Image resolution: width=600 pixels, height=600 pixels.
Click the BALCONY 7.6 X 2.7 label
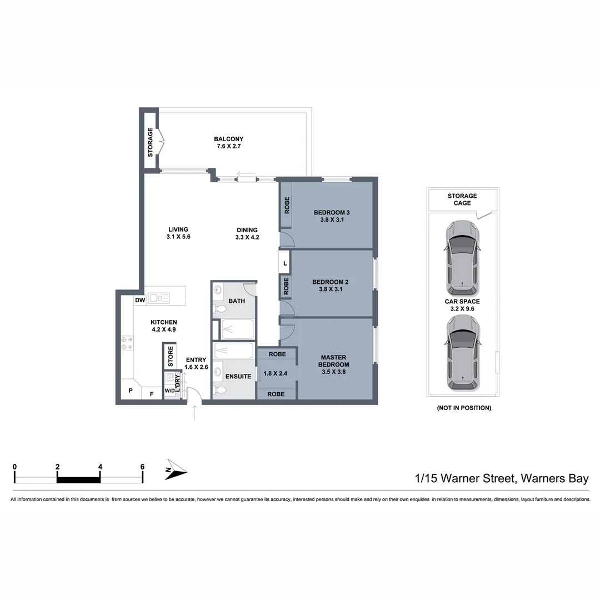228,143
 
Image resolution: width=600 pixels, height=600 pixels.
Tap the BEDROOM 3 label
332,216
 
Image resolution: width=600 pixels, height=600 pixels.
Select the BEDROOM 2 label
330,285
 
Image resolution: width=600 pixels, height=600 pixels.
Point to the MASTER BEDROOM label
333,364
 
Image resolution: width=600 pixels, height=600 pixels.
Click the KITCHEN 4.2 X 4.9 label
164,326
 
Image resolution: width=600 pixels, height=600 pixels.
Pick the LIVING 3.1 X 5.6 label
178,233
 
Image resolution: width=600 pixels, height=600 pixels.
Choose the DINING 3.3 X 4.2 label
247,233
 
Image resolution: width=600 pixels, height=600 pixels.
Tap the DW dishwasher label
140,301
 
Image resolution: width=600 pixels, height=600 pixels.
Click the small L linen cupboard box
285,263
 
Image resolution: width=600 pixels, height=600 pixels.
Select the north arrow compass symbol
176,471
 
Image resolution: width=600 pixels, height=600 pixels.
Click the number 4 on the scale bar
100,467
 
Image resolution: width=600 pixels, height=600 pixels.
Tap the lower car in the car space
463,352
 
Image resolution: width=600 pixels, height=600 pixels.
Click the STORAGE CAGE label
462,199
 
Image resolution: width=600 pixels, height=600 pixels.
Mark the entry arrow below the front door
194,413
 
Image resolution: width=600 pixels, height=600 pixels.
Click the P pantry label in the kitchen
131,391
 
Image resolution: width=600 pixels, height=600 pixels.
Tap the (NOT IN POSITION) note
463,408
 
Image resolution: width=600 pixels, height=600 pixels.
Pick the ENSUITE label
238,376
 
